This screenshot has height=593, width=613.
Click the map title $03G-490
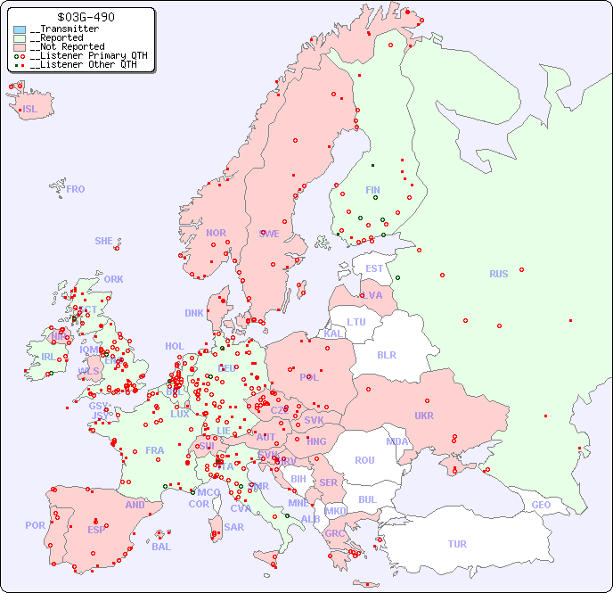coord(85,17)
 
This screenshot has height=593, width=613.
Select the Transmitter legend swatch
coord(20,29)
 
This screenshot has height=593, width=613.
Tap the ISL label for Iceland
coord(30,110)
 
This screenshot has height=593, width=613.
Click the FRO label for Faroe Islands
coord(76,189)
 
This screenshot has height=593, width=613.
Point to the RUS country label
coord(498,274)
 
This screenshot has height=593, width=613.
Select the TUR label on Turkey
coord(457,544)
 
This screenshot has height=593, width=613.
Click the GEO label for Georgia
coord(541,505)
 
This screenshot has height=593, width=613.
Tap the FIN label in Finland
coord(372,190)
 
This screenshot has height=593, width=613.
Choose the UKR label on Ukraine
coord(424,416)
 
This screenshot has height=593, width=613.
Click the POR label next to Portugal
coord(35,525)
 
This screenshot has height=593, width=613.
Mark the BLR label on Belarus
coord(387,354)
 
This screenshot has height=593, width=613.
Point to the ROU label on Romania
coord(364,460)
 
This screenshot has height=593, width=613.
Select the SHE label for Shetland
coord(104,241)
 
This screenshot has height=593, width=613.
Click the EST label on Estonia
coord(374,268)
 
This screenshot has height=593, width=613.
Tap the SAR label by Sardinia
coord(234,527)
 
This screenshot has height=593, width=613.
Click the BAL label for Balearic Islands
coord(160,547)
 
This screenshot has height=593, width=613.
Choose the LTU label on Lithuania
coord(356,322)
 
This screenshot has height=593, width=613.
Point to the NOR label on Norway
coord(216,233)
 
